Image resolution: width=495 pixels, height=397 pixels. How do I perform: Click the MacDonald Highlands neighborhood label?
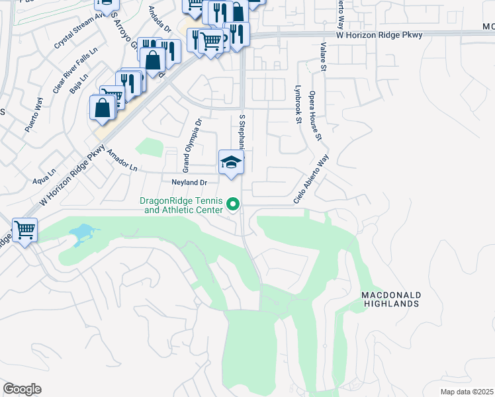coord(390,298)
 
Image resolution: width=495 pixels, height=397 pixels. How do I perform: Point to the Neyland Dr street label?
coord(190,182)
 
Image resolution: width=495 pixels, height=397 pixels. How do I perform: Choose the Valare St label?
coord(324,57)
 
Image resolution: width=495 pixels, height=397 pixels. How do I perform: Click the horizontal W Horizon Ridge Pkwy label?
coord(369,34)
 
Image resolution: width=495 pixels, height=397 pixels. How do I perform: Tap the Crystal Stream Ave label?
coord(76,30)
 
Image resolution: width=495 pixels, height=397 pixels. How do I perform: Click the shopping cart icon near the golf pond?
coord(25,230)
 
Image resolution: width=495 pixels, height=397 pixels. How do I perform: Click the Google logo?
coord(22,389)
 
